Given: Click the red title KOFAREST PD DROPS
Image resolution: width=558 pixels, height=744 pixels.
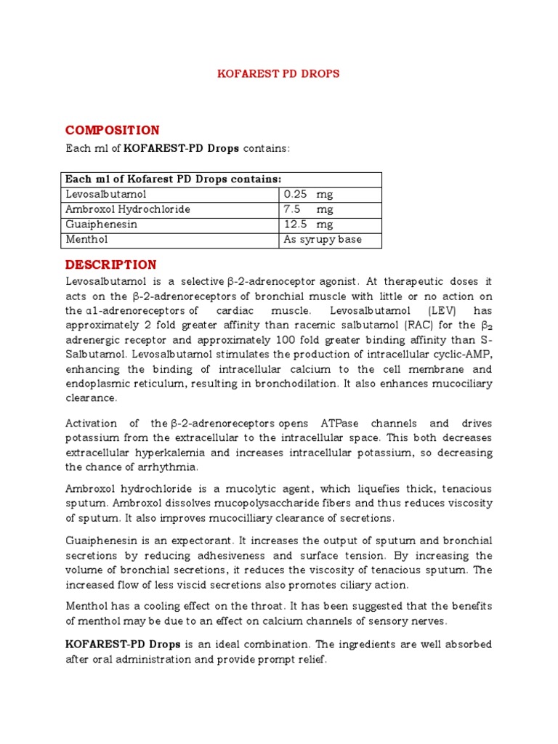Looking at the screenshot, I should coord(279,74).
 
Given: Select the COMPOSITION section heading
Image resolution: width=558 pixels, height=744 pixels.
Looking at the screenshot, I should coord(112,130).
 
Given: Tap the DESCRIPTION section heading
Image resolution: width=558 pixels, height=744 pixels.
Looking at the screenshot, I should coord(110,264).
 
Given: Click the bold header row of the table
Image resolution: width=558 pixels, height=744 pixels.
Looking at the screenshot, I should coord(173,179).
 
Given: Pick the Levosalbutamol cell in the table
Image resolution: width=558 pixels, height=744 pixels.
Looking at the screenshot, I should coord(106,195).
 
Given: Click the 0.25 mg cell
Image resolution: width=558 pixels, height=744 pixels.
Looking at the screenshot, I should coord(308,195).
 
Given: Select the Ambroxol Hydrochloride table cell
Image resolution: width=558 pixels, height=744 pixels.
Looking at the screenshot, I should coord(128,209).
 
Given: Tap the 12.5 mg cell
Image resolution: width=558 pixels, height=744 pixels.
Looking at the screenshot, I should coord(308,225).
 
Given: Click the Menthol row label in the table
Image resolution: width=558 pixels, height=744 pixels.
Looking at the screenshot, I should coord(86,239).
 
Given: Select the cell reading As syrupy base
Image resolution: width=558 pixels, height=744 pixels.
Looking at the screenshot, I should coord(323,239).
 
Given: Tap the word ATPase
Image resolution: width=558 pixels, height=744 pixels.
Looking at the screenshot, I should coord(339,424).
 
